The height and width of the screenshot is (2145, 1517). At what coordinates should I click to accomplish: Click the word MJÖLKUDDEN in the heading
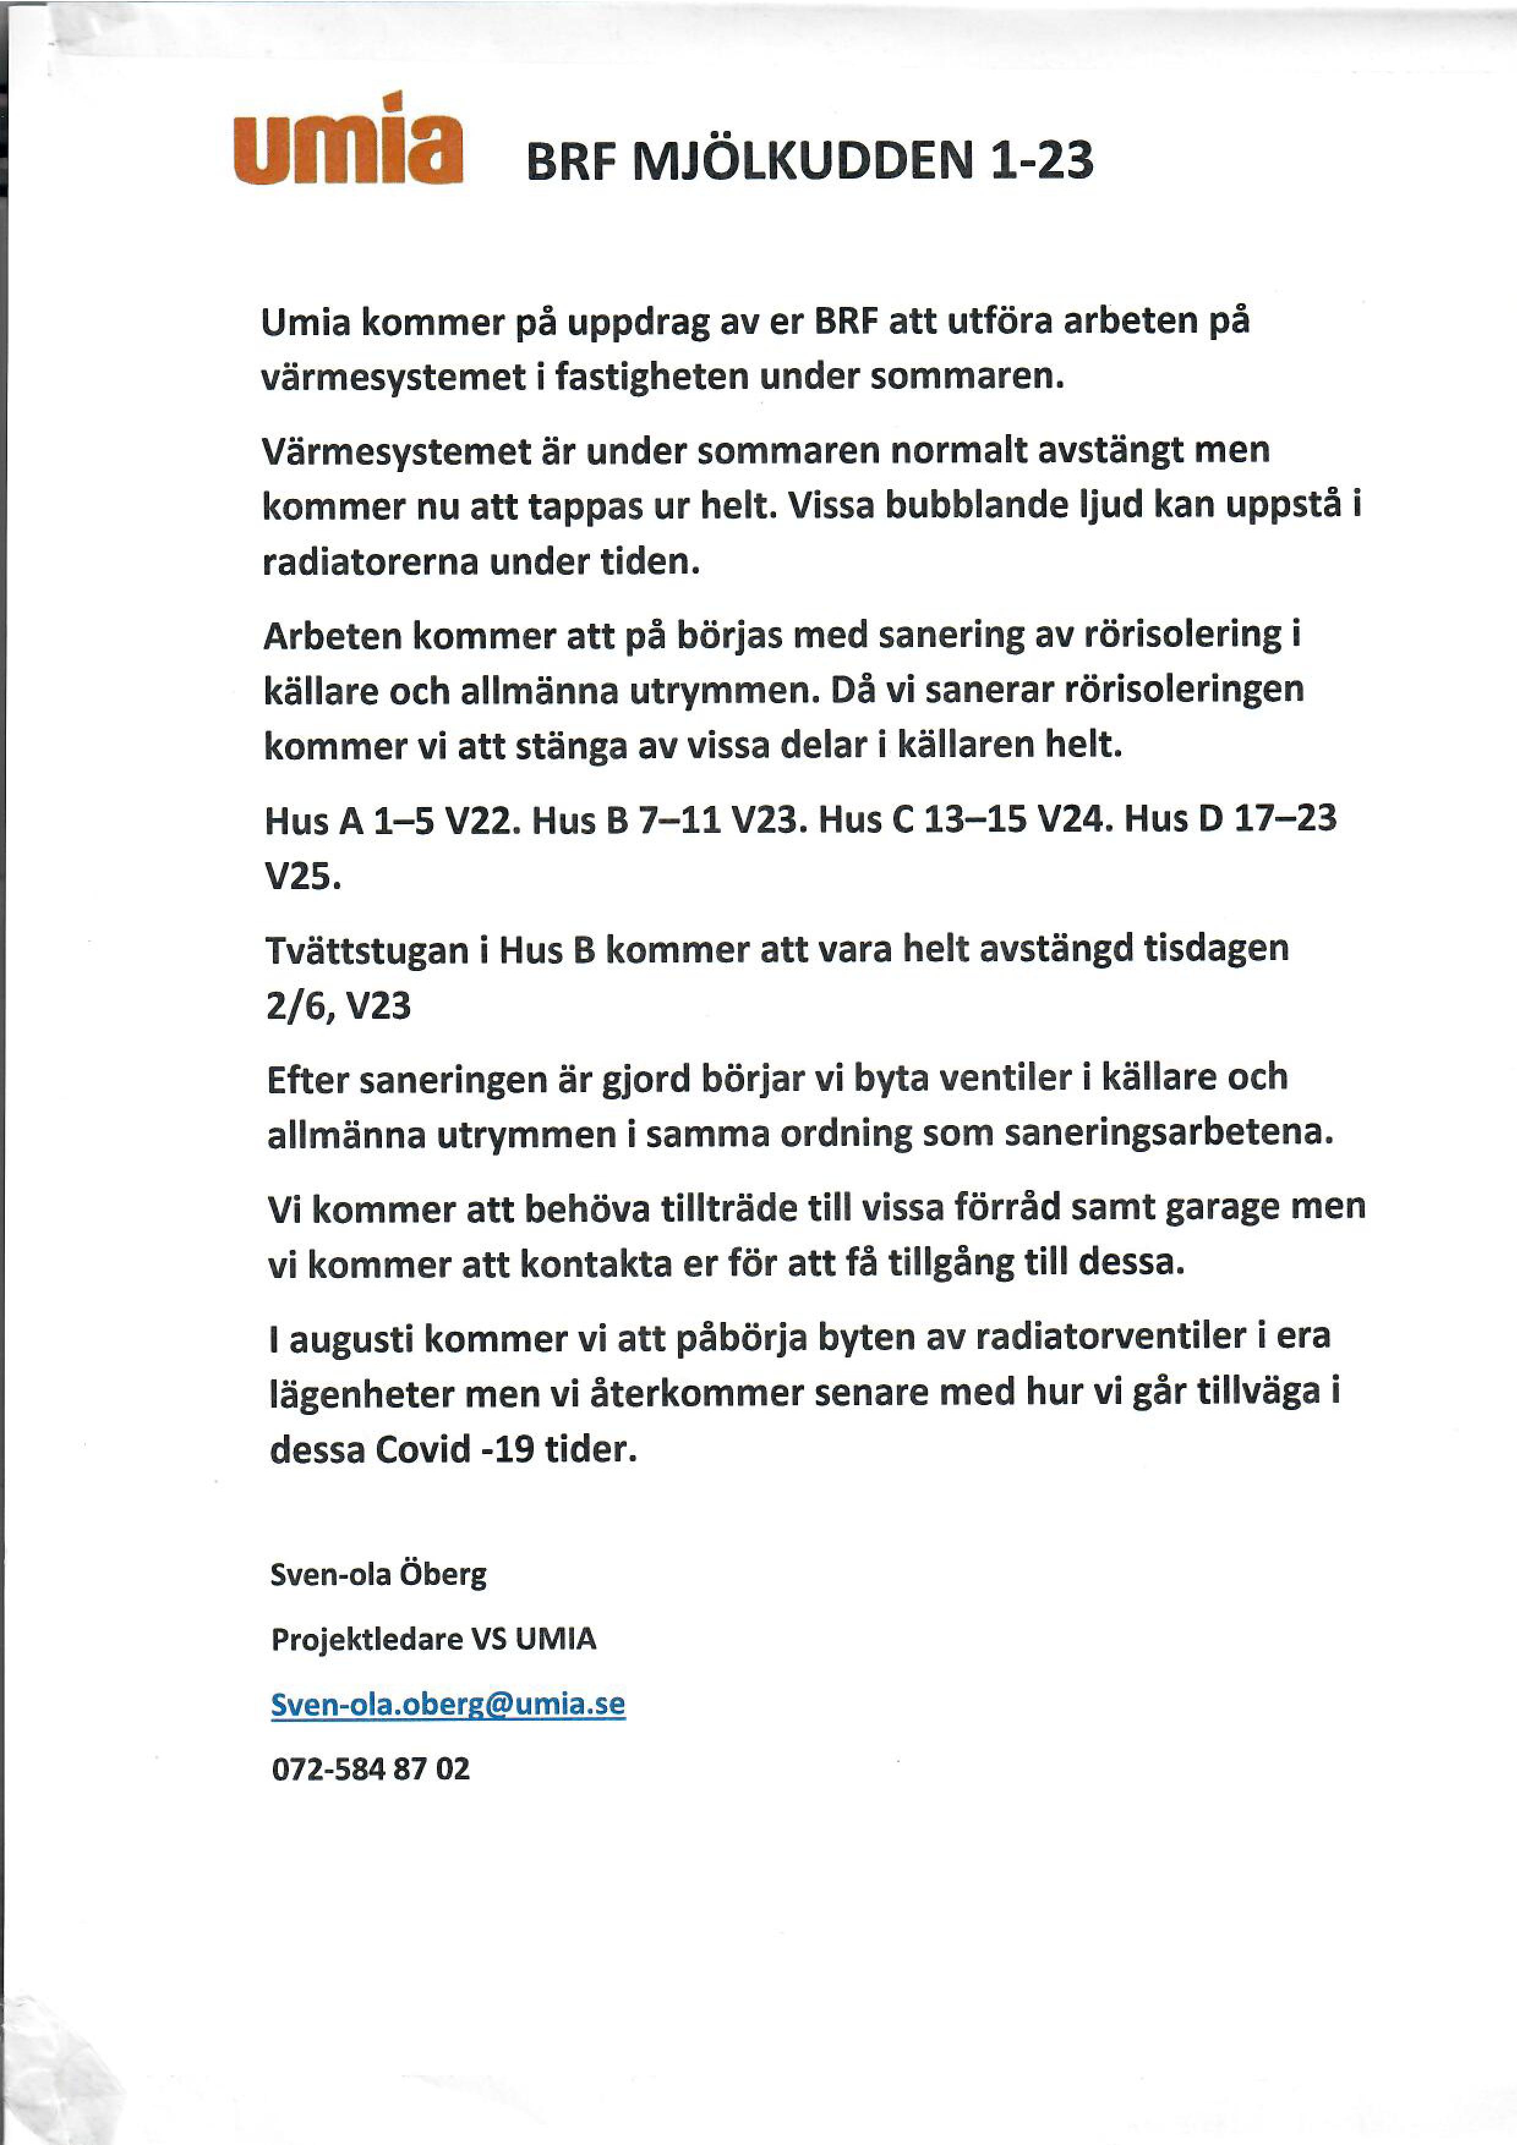coord(804,161)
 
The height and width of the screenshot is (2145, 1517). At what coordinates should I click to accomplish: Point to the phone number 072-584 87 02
coord(371,1768)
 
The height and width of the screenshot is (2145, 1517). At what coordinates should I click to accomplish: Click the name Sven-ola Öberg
coord(379,1574)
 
